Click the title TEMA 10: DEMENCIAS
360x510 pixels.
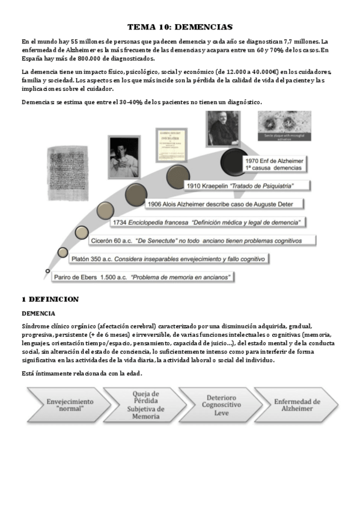point(180,27)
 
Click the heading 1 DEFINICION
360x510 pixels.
point(50,299)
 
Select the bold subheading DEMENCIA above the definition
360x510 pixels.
point(38,313)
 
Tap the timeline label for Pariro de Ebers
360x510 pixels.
point(142,277)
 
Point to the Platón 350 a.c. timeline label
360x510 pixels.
point(168,259)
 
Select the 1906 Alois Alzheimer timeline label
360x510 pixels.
point(220,204)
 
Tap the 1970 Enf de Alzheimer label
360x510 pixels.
point(274,164)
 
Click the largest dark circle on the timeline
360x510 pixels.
point(234,161)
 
